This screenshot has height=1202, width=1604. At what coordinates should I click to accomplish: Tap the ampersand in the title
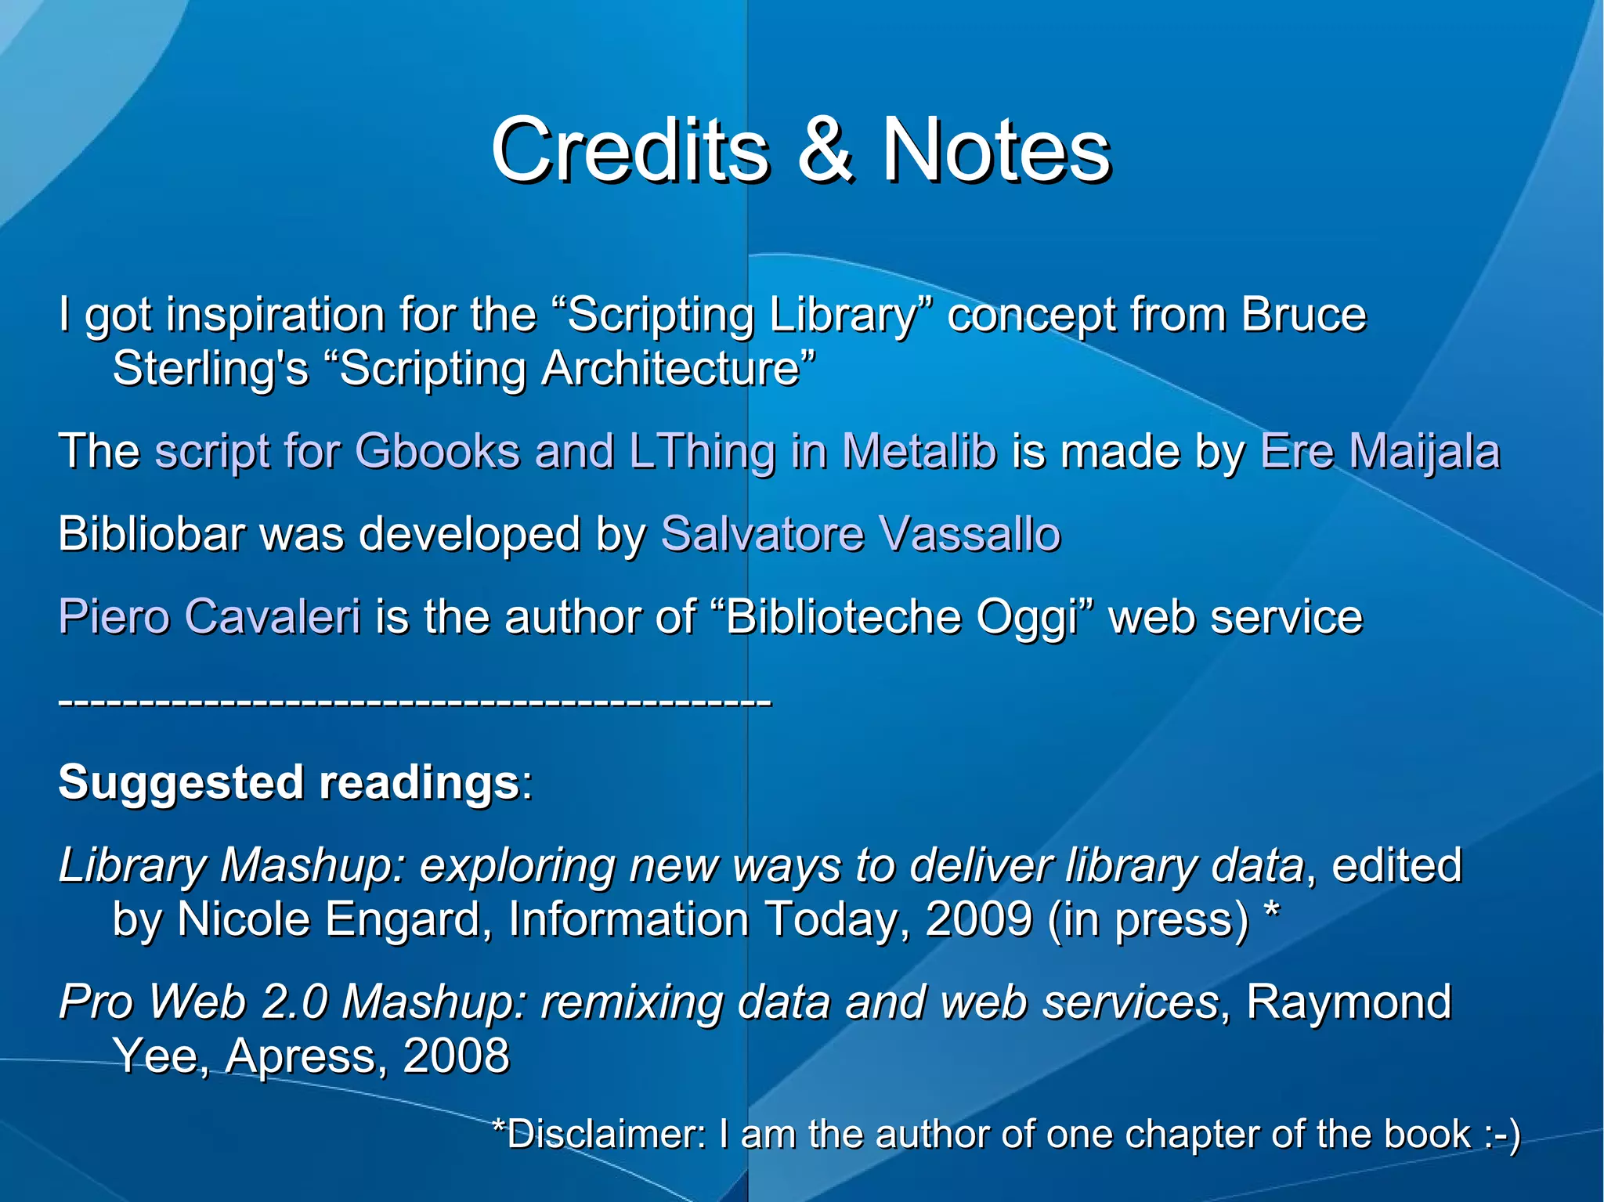825,150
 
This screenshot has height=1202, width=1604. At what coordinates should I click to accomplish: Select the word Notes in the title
996,150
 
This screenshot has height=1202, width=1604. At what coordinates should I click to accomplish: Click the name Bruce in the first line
1303,315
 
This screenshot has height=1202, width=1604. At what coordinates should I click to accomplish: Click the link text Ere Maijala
1380,452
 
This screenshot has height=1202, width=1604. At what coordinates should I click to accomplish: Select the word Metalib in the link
919,452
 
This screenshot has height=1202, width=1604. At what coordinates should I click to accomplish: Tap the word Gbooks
437,452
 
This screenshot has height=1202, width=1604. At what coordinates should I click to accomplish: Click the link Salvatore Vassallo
861,534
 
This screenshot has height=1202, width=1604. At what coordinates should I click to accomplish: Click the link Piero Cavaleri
210,617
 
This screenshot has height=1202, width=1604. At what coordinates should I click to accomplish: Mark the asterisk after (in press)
1272,910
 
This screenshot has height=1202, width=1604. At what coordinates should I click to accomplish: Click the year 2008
456,1056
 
